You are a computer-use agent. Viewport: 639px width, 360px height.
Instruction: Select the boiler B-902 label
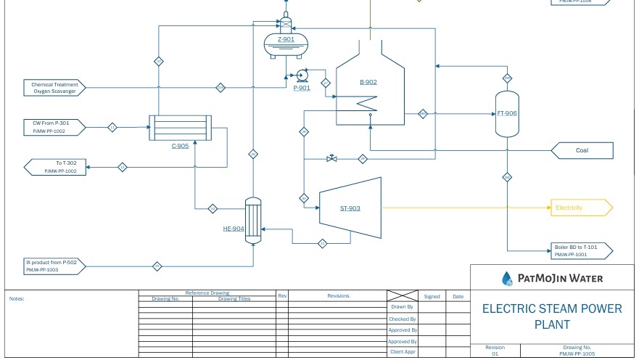368,82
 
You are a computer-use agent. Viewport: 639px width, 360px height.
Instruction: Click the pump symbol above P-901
302,75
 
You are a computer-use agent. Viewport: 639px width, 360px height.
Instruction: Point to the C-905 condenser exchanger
180,128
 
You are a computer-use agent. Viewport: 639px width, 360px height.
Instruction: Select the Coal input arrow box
582,151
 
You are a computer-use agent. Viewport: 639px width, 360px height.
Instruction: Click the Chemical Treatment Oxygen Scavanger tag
55,87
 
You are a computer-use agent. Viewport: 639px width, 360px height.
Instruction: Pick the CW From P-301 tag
55,127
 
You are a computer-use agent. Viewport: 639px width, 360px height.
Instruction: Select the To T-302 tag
55,168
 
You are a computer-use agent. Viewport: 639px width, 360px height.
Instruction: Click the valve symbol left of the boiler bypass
332,158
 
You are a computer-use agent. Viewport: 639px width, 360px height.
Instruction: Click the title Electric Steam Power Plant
552,316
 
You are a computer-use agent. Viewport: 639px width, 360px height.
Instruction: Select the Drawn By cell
402,307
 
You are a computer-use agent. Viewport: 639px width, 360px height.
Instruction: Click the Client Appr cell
402,352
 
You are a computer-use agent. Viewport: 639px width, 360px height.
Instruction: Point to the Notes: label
17,298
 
